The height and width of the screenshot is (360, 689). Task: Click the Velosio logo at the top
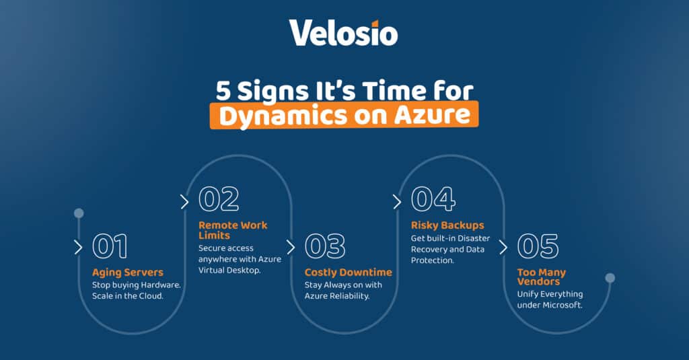pyautogui.click(x=343, y=32)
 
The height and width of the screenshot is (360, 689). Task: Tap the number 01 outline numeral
pyautogui.click(x=110, y=246)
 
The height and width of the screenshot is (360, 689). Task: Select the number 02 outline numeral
pyautogui.click(x=219, y=199)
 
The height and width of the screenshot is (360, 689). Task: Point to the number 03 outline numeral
pyautogui.click(x=325, y=246)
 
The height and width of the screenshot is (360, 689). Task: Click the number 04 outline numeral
pyautogui.click(x=433, y=199)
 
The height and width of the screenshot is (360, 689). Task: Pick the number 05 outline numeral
pyautogui.click(x=538, y=246)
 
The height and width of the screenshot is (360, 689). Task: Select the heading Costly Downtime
pyautogui.click(x=348, y=273)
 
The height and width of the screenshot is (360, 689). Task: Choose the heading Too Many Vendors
pyautogui.click(x=541, y=277)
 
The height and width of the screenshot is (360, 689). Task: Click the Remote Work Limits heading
pyautogui.click(x=232, y=230)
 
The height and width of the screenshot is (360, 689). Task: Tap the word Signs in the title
pyautogui.click(x=273, y=89)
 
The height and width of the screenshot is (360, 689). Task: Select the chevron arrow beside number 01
pyautogui.click(x=78, y=247)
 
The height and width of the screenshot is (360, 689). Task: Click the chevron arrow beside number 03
pyautogui.click(x=291, y=247)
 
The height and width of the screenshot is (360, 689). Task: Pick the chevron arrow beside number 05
pyautogui.click(x=503, y=247)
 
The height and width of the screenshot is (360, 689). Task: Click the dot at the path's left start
pyautogui.click(x=79, y=213)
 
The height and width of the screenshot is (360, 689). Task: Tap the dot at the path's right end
pyautogui.click(x=610, y=278)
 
